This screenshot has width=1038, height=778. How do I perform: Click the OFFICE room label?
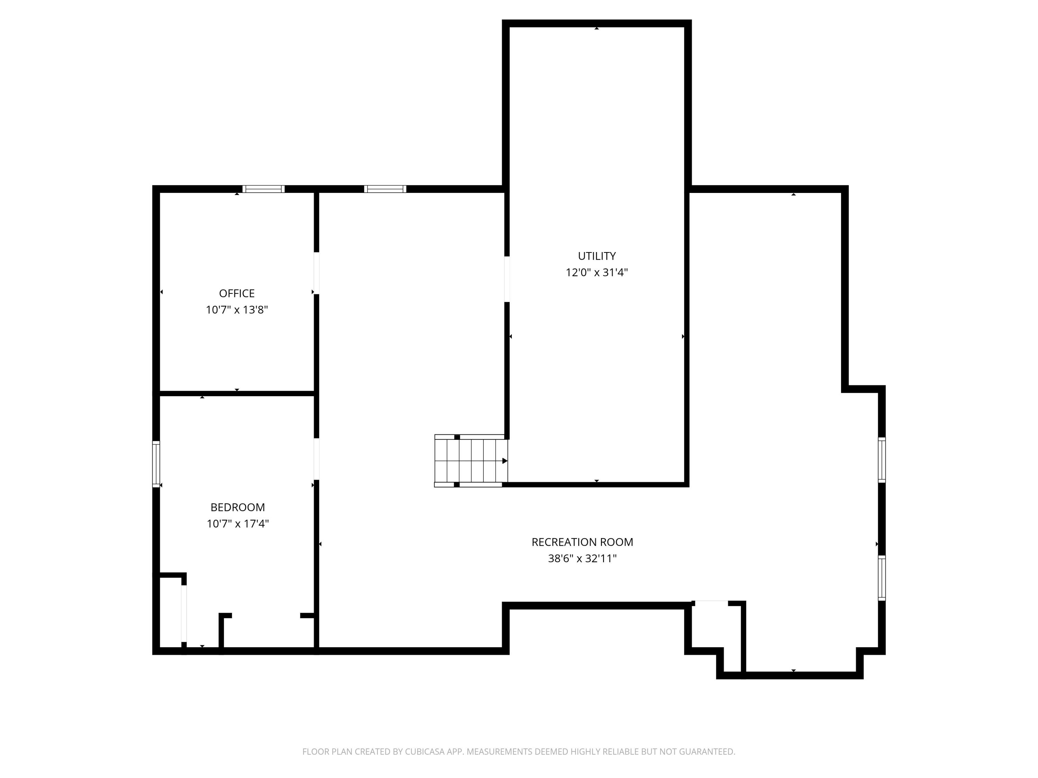tap(237, 293)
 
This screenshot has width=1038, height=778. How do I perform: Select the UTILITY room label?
tap(597, 256)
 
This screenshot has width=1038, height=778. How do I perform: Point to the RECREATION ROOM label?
tap(582, 542)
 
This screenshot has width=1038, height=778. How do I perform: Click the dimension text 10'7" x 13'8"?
tap(237, 309)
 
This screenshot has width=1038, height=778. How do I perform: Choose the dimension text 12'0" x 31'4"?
tap(597, 272)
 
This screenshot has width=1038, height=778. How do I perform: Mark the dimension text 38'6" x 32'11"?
tap(582, 558)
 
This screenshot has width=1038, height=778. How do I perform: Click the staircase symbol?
tap(471, 461)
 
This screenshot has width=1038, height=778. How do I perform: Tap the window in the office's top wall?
tap(263, 189)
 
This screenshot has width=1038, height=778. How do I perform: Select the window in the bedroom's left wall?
tap(156, 464)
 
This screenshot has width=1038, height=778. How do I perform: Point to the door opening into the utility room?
tap(507, 279)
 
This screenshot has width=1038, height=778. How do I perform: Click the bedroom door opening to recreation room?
tap(316, 459)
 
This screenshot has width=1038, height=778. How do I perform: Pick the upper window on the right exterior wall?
tap(882, 460)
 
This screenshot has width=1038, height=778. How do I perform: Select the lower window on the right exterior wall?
tap(882, 578)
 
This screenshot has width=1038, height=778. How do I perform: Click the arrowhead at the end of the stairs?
tap(505, 461)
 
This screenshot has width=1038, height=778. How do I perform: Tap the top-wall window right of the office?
tap(385, 189)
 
